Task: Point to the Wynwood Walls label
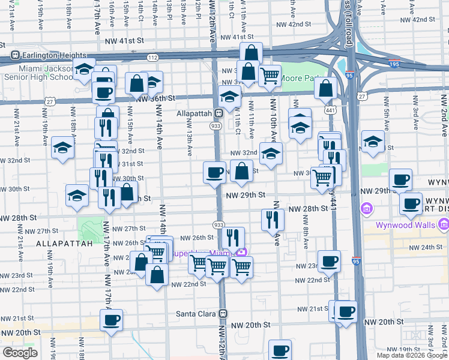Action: point(405,226)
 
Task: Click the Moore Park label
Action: point(300,78)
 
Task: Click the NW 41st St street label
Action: point(124,41)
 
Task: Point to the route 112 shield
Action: point(154,57)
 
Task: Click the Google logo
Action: point(20,353)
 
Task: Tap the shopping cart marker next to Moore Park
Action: point(270,76)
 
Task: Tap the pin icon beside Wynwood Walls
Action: point(444,225)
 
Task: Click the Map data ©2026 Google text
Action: point(412,355)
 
